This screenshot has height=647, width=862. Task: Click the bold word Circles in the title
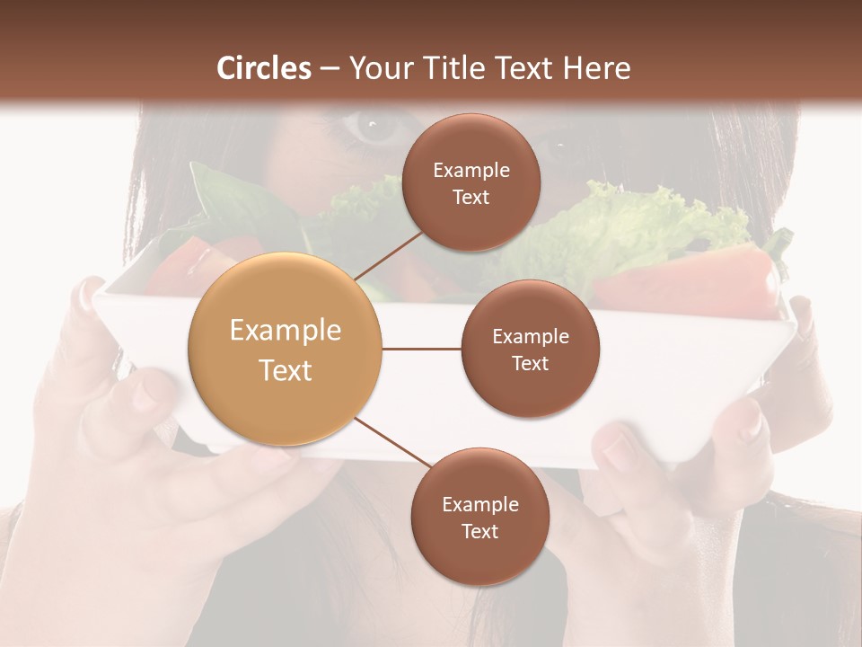coord(263,68)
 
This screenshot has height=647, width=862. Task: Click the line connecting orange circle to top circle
coord(389,253)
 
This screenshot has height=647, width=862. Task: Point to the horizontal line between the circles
coord(421,349)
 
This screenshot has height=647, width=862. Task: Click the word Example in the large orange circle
coord(286,331)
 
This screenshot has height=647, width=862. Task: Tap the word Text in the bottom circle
coord(479,531)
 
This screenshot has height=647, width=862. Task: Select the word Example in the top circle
coord(471,171)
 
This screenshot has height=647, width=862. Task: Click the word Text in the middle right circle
coord(530,363)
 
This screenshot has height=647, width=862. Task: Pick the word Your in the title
coord(377,68)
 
